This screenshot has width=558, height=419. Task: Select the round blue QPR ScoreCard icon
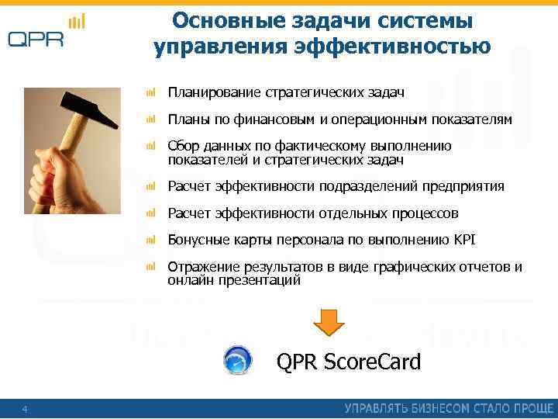coord(237,362)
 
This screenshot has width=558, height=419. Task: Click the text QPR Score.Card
coord(349,362)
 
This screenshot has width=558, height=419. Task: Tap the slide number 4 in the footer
coord(25,409)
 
